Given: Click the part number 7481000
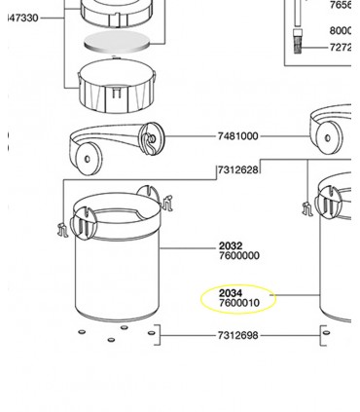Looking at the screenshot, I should (x=237, y=136).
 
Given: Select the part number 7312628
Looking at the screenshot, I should (x=237, y=169).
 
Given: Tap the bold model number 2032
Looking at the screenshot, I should (x=231, y=246).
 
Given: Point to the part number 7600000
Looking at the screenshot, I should (x=238, y=256).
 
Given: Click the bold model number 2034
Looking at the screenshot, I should (x=231, y=293).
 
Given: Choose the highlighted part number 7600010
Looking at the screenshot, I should (x=239, y=303).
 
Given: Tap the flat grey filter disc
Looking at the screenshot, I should (x=118, y=42).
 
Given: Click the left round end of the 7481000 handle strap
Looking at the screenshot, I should (x=90, y=159).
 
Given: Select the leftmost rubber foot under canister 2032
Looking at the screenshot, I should (x=82, y=330).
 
